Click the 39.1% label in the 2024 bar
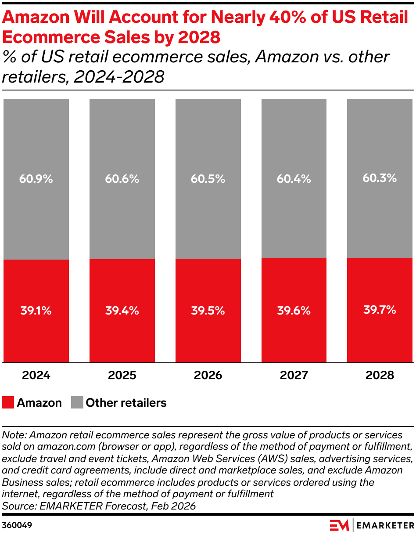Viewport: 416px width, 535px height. pyautogui.click(x=36, y=311)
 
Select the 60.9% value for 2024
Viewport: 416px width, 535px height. pyautogui.click(x=36, y=179)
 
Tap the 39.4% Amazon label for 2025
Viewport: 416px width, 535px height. pyautogui.click(x=122, y=311)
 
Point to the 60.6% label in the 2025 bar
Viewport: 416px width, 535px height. pyautogui.click(x=122, y=179)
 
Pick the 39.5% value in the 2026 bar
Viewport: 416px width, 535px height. pyautogui.click(x=208, y=311)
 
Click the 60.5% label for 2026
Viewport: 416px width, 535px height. pyautogui.click(x=208, y=179)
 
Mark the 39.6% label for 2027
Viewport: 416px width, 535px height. pyautogui.click(x=294, y=311)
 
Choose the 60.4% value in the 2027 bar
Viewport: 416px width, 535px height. pyautogui.click(x=294, y=179)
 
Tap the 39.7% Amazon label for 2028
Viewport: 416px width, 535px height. pyautogui.click(x=380, y=310)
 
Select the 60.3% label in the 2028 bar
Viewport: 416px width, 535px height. pyautogui.click(x=380, y=178)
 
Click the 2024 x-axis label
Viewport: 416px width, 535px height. pyautogui.click(x=36, y=376)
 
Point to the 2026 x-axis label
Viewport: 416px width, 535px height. pyautogui.click(x=208, y=376)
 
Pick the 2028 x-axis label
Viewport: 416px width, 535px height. pyautogui.click(x=380, y=376)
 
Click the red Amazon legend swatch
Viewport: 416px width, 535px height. pyautogui.click(x=8, y=402)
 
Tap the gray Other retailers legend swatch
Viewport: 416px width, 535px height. pyautogui.click(x=77, y=402)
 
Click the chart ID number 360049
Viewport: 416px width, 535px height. pyautogui.click(x=17, y=525)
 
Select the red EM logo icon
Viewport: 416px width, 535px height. pyautogui.click(x=339, y=525)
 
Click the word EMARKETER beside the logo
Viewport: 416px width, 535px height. pyautogui.click(x=385, y=525)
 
